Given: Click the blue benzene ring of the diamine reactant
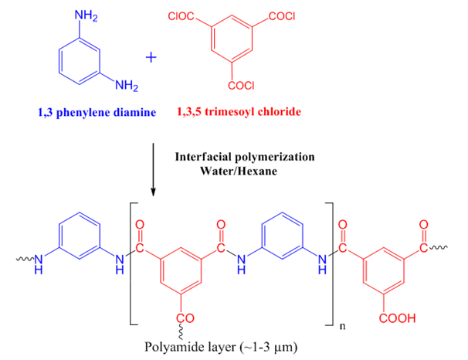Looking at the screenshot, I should [x=81, y=58].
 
